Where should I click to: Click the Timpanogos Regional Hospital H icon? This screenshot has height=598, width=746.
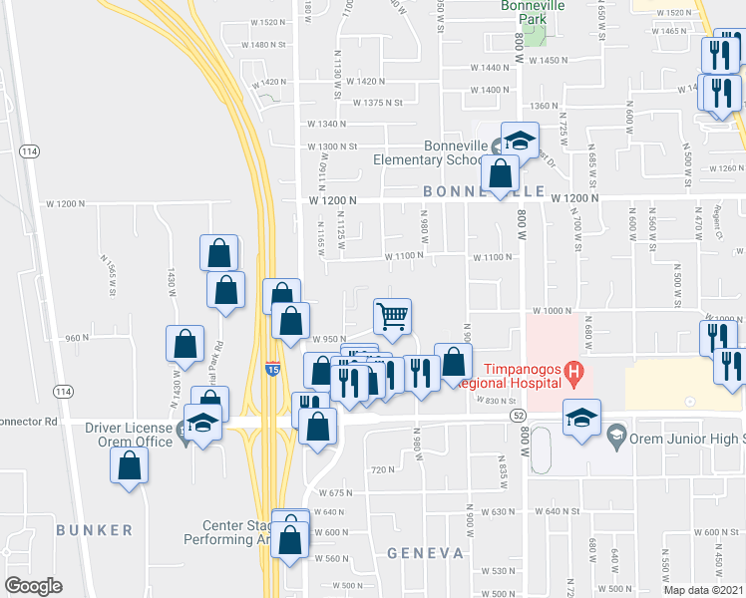click(573, 374)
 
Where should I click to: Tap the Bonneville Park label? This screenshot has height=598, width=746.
click(532, 12)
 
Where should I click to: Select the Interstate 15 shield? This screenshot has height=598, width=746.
click(272, 369)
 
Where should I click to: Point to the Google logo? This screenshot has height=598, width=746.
click(33, 586)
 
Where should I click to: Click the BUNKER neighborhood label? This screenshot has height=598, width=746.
click(94, 529)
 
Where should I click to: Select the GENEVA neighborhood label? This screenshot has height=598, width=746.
click(426, 552)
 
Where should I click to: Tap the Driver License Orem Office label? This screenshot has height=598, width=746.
click(131, 435)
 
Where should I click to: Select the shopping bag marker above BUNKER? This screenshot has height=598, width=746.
click(130, 466)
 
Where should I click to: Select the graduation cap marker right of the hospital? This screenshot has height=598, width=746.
click(581, 417)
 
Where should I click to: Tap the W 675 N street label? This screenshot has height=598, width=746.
click(335, 492)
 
